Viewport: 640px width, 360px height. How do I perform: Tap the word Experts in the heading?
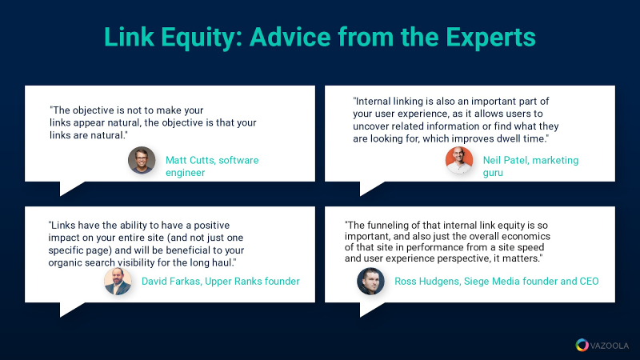point(490,38)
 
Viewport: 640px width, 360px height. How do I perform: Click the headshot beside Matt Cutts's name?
point(142,160)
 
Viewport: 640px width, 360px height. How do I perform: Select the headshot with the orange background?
point(459,160)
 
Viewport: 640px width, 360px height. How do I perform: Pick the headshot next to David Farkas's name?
point(118,282)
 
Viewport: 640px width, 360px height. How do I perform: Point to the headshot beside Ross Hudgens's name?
point(370,282)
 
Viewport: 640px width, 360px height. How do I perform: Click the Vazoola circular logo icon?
point(582,346)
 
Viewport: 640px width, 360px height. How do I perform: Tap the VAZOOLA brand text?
point(610,346)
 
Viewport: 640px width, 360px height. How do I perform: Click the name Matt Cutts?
point(190,160)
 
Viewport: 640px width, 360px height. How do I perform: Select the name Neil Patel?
point(505,160)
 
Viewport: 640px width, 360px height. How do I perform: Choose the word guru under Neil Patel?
point(493,173)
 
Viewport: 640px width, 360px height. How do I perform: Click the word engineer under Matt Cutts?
point(186,173)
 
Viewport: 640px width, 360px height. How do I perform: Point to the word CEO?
point(589,282)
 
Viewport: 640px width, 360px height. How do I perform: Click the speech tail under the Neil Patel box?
point(367,188)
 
